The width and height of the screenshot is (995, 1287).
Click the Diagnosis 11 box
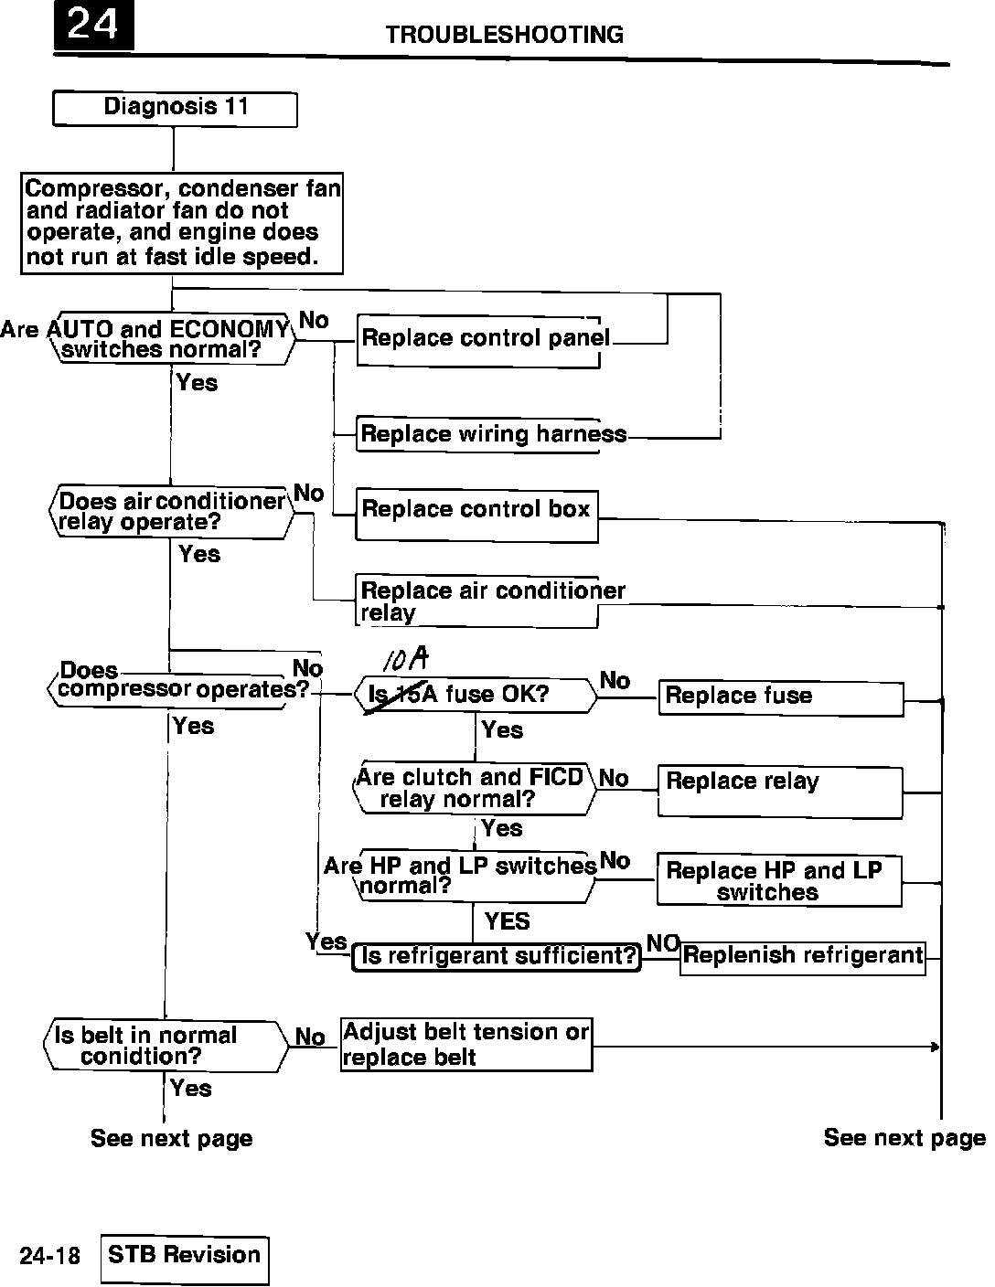click(175, 108)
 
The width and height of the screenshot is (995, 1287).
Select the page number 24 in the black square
click(93, 26)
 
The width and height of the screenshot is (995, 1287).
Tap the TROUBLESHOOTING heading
click(504, 35)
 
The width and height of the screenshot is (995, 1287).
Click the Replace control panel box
click(478, 339)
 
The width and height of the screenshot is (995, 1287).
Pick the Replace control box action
click(476, 515)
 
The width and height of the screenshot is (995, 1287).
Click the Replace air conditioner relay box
click(476, 601)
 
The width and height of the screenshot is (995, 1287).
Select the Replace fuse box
click(780, 697)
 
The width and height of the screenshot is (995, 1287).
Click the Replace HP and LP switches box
click(778, 880)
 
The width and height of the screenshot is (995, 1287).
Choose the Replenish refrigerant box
click(802, 957)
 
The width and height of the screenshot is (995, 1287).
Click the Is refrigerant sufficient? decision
click(497, 957)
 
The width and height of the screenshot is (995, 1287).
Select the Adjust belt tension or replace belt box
click(466, 1044)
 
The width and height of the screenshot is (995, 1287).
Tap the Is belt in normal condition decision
click(166, 1045)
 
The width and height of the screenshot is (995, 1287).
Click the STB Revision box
click(185, 1259)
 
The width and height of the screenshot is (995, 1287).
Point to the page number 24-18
click(50, 1257)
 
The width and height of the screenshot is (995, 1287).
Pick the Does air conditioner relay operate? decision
click(171, 512)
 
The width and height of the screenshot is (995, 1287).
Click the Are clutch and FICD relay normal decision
click(473, 788)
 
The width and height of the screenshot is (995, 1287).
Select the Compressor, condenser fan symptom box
click(182, 223)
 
